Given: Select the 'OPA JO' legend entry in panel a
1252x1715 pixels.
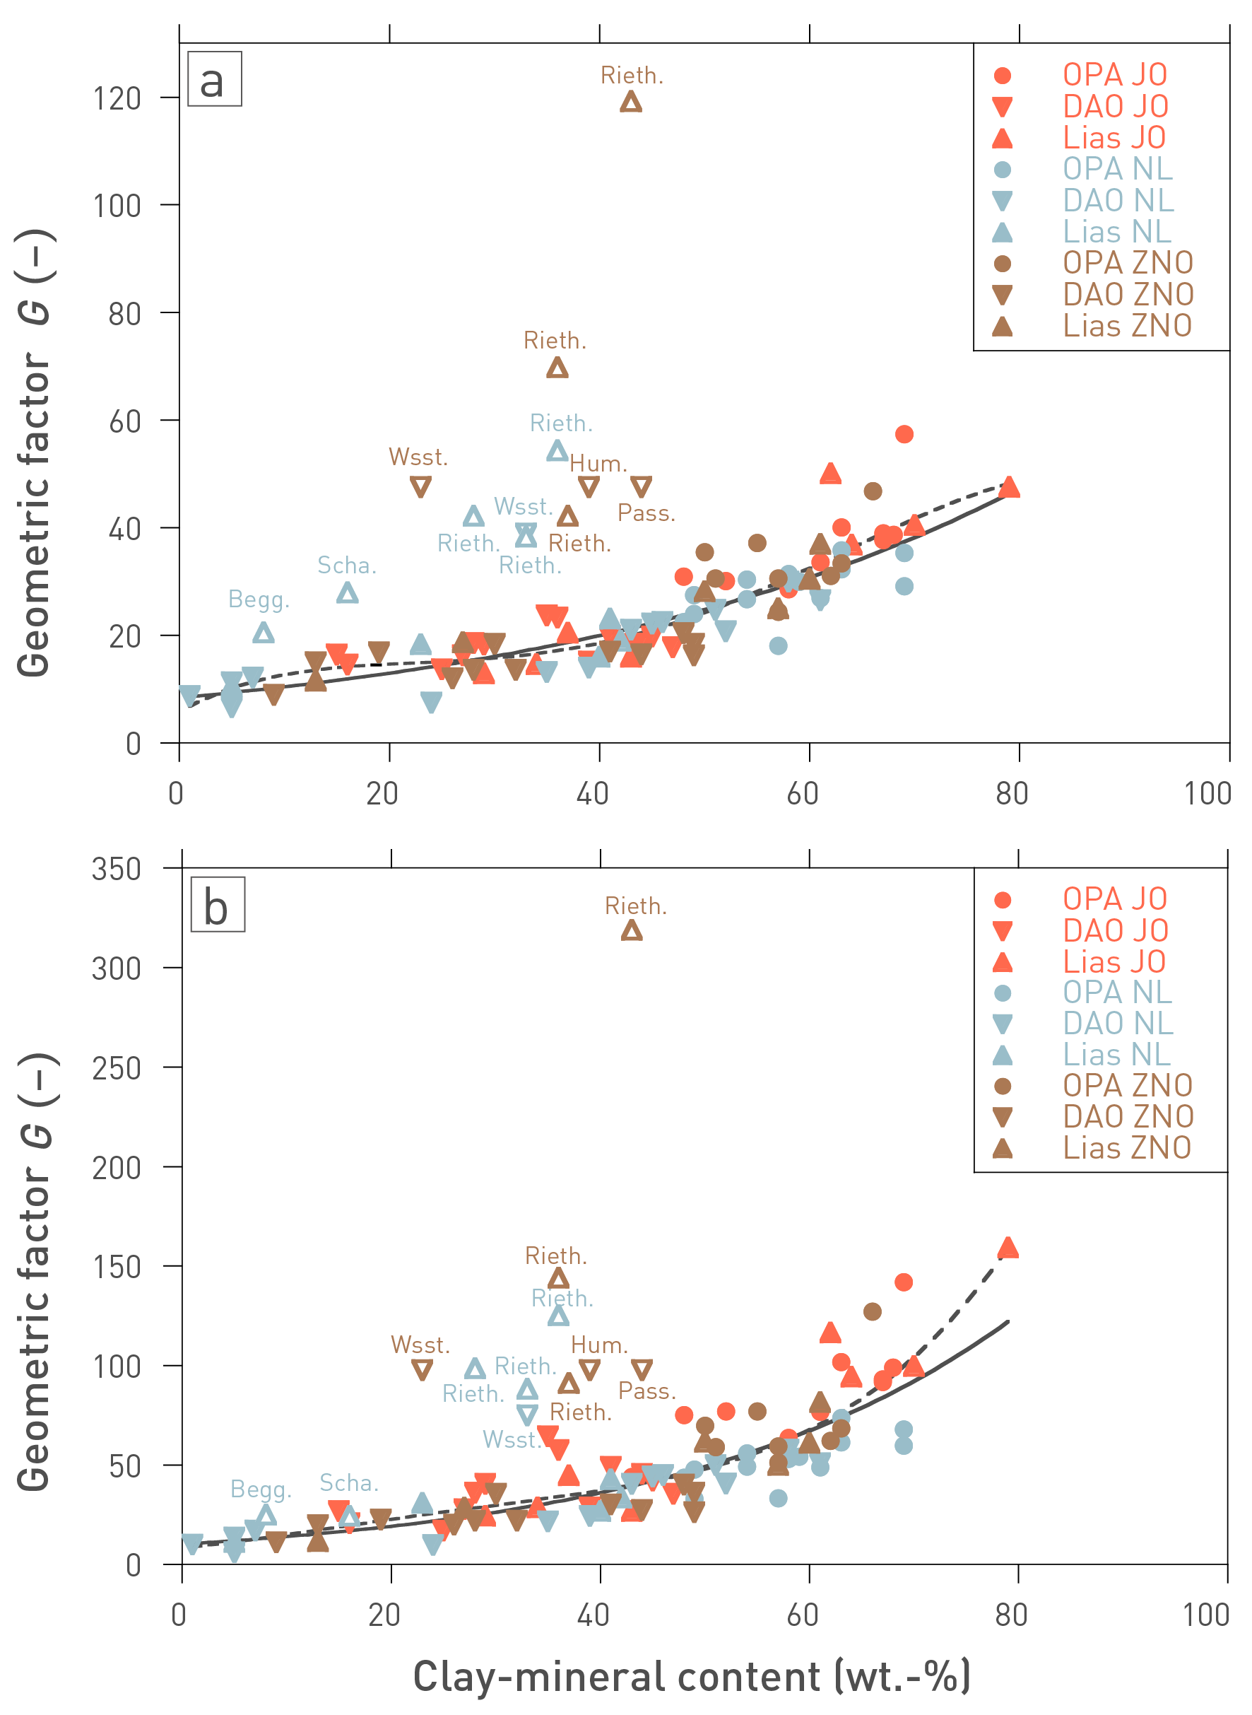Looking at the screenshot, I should click(1114, 75).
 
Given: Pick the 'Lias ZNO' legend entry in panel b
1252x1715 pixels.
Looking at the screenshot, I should click(1126, 1148).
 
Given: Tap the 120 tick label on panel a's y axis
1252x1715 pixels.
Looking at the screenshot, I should click(117, 98).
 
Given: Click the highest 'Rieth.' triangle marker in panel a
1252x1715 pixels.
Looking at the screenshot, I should click(630, 103).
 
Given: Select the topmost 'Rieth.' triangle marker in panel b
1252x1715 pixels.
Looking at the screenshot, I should click(632, 931).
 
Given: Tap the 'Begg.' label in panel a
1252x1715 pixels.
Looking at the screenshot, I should click(259, 599).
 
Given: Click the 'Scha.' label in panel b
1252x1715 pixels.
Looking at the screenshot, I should click(348, 1482).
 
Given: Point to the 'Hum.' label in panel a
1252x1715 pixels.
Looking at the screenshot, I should click(598, 464).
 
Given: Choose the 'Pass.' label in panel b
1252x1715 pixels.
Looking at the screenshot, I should click(646, 1391).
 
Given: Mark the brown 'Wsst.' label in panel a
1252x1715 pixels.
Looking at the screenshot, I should click(418, 457).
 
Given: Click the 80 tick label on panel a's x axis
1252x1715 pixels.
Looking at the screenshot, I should click(1012, 794).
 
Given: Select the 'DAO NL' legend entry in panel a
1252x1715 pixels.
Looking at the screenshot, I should click(1117, 200).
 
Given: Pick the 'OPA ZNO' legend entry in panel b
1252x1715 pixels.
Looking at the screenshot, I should click(1127, 1085).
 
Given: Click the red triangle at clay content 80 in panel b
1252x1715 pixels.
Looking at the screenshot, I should click(1008, 1248).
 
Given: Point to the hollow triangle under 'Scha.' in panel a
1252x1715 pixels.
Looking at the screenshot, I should click(347, 594).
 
